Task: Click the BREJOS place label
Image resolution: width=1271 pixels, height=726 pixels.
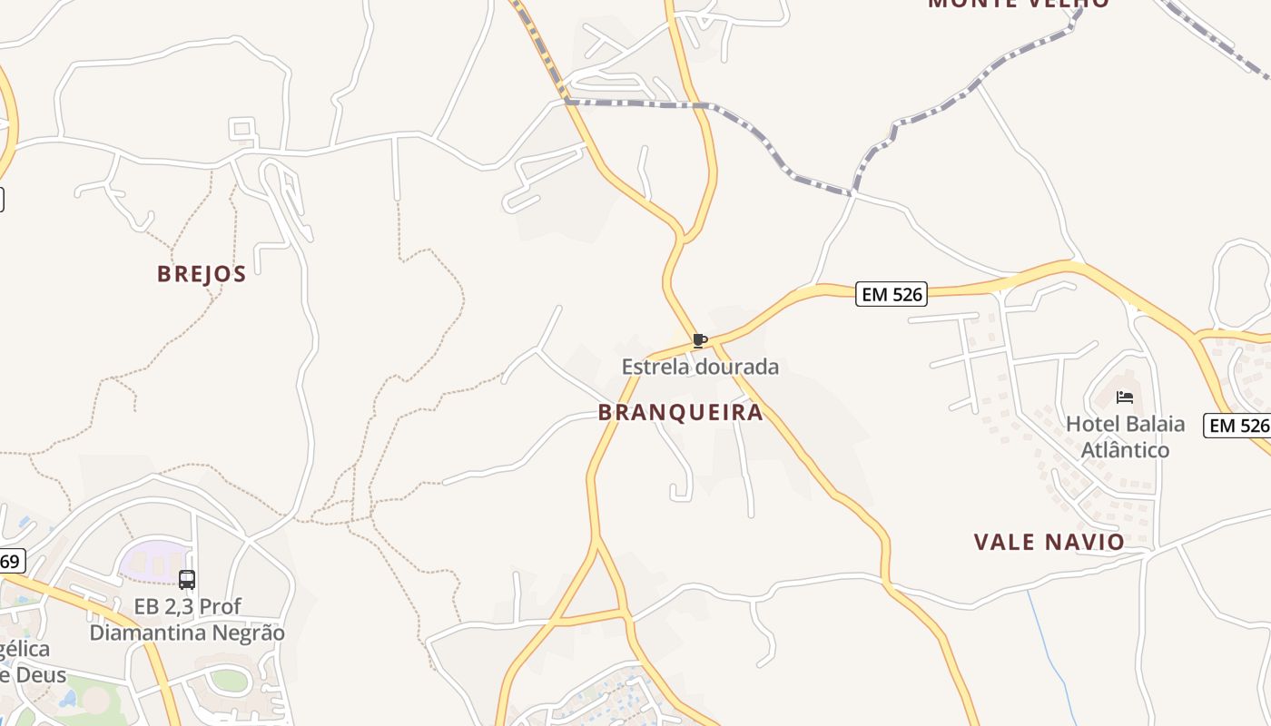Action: click(x=202, y=274)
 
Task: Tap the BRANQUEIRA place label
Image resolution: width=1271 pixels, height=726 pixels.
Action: click(x=680, y=413)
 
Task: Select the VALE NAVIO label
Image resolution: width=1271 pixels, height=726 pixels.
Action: click(x=1049, y=543)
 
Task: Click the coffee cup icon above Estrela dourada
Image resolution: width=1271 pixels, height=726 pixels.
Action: click(x=699, y=341)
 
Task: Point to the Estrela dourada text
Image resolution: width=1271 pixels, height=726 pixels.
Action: click(x=700, y=368)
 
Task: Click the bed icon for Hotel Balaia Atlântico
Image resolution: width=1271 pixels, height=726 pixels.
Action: click(x=1125, y=397)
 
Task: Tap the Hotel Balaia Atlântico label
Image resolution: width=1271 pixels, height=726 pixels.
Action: click(x=1125, y=437)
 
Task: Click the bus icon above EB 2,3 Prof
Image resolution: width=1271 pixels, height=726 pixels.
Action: click(x=187, y=579)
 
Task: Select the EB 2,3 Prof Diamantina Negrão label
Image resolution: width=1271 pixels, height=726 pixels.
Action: click(x=187, y=620)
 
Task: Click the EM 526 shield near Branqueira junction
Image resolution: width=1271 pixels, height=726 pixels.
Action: click(x=892, y=294)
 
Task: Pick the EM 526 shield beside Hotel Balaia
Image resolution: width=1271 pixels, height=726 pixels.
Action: click(x=1237, y=425)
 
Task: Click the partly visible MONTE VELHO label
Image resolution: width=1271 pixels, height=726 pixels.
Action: click(x=1018, y=4)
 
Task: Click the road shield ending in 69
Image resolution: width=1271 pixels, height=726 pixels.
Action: click(x=11, y=562)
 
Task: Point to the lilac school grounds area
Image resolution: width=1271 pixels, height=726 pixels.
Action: click(x=152, y=559)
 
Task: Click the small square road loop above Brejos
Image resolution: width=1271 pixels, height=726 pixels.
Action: click(x=241, y=129)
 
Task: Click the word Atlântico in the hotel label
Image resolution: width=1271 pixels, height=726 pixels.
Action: click(x=1125, y=450)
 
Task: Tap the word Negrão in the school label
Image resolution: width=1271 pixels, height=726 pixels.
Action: click(x=248, y=633)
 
